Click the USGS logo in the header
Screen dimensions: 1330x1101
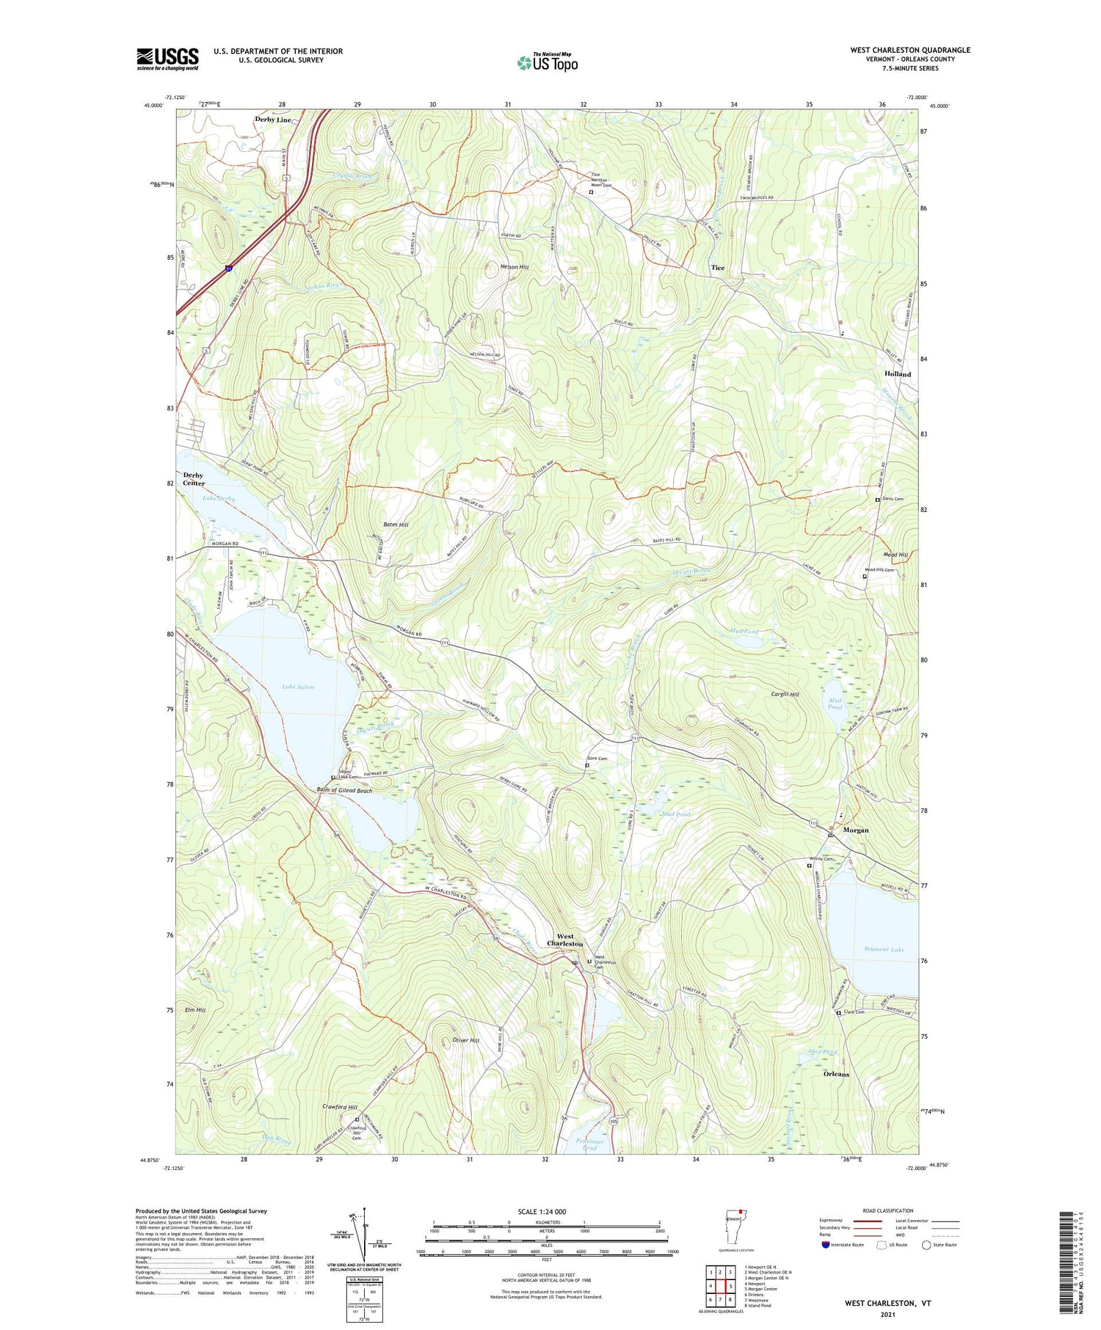pyautogui.click(x=167, y=59)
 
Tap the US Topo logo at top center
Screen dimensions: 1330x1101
pyautogui.click(x=548, y=62)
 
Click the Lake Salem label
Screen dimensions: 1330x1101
pyautogui.click(x=298, y=687)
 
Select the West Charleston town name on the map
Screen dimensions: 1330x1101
pyautogui.click(x=565, y=940)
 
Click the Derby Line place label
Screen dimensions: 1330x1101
pyautogui.click(x=273, y=119)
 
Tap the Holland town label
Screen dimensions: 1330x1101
pyautogui.click(x=896, y=373)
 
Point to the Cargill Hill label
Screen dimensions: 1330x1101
pyautogui.click(x=785, y=694)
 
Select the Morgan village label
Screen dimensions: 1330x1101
pyautogui.click(x=855, y=830)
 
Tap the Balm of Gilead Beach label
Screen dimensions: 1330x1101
pyautogui.click(x=344, y=791)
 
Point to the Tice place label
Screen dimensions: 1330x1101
pyautogui.click(x=717, y=268)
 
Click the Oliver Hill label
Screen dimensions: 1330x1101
pyautogui.click(x=465, y=1040)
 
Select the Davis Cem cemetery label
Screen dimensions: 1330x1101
pyautogui.click(x=893, y=499)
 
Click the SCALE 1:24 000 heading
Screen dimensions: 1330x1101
pyautogui.click(x=539, y=1211)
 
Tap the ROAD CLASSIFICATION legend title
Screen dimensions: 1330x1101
pyautogui.click(x=888, y=1210)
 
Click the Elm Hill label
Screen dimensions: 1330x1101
pyautogui.click(x=195, y=1009)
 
